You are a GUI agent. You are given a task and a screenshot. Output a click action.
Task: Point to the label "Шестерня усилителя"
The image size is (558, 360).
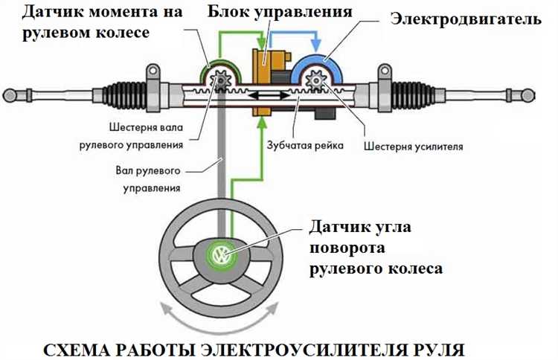[x=414, y=146]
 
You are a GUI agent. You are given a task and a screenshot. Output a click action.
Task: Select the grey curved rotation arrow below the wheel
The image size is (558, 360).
[x=220, y=321]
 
